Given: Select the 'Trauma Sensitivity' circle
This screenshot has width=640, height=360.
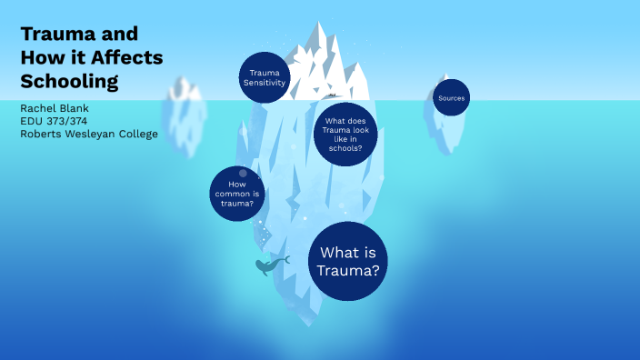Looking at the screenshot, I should pyautogui.click(x=264, y=77).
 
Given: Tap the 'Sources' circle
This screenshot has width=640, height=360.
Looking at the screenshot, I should pyautogui.click(x=451, y=97).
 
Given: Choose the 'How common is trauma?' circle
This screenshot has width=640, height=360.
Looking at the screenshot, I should pyautogui.click(x=237, y=194).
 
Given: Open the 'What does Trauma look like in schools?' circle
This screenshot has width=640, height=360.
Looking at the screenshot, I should pyautogui.click(x=345, y=134).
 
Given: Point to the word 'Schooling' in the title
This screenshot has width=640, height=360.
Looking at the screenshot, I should pyautogui.click(x=69, y=81).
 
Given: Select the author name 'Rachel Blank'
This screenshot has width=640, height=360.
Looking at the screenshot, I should pyautogui.click(x=55, y=108).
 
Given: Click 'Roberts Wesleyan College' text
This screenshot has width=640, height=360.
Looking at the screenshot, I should pyautogui.click(x=89, y=134).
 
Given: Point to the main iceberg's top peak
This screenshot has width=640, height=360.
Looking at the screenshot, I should pyautogui.click(x=320, y=26).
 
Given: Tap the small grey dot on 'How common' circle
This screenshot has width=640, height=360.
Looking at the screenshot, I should pyautogui.click(x=243, y=173).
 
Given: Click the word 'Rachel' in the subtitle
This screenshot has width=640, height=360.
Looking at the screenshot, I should pyautogui.click(x=37, y=108).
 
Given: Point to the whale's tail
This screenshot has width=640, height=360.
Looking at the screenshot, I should pyautogui.click(x=285, y=260).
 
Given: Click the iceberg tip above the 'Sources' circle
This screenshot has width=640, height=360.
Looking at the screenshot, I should pyautogui.click(x=445, y=77).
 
